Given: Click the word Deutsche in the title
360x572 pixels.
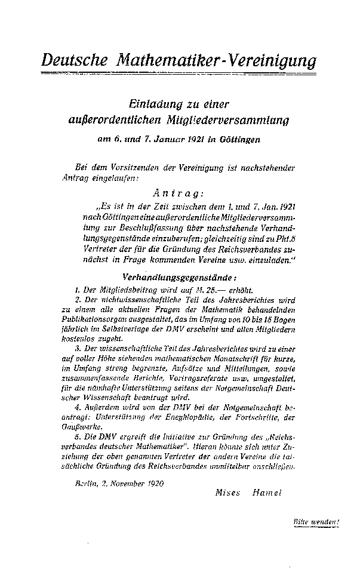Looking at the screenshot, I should click(x=75, y=60).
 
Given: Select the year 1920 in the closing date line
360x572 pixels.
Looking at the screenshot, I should click(x=152, y=479).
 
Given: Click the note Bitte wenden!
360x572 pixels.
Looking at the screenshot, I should click(x=316, y=521).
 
